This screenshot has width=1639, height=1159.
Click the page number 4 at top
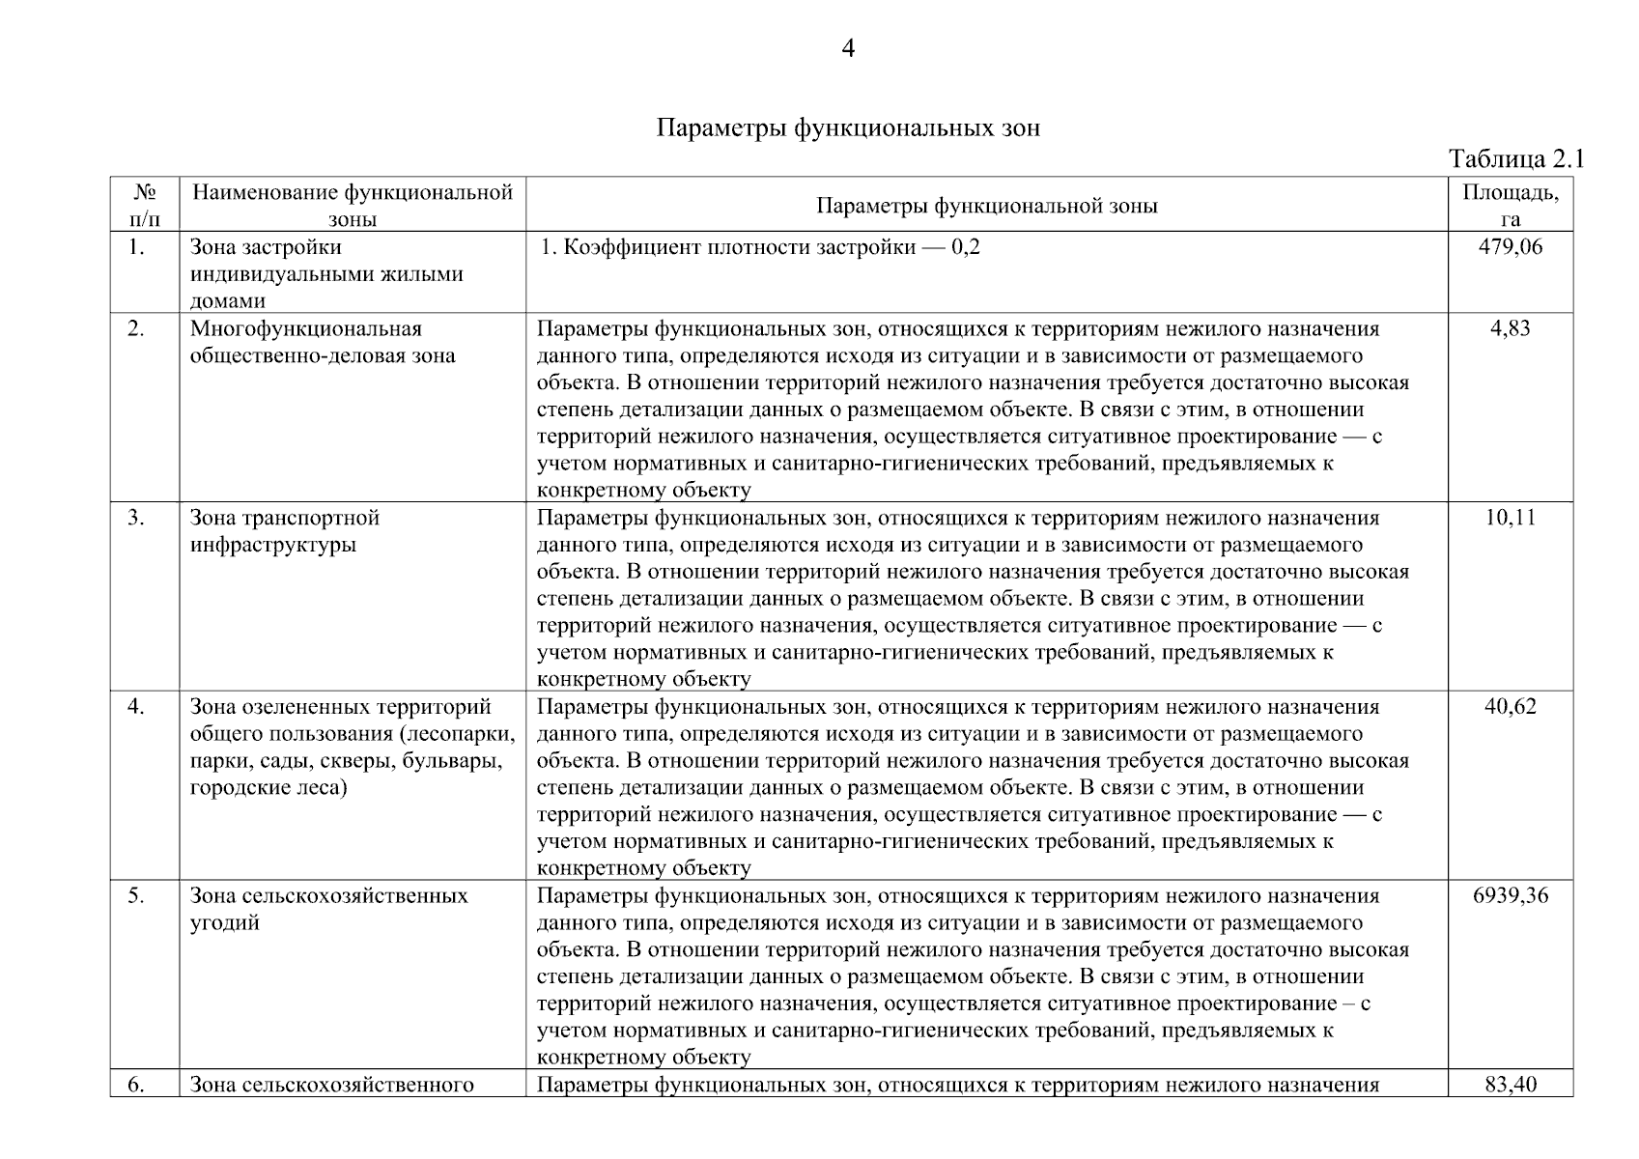848,48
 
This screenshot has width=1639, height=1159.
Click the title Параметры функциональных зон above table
848,128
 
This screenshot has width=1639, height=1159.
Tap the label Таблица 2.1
1516,159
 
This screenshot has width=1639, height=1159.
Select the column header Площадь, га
1510,205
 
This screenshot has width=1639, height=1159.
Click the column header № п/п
144,205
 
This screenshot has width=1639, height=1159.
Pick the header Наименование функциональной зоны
353,205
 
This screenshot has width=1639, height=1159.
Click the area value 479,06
1511,247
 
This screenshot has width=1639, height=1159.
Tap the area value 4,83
1511,328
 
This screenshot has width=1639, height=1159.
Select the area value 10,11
1511,518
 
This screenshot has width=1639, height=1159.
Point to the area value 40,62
1511,707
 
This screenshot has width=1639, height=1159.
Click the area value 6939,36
1511,896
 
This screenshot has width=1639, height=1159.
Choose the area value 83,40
1511,1085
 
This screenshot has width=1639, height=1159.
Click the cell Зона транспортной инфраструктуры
285,531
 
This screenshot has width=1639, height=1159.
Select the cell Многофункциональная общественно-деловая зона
322,342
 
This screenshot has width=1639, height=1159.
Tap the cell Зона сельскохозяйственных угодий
328,909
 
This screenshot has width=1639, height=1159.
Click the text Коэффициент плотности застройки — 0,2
760,247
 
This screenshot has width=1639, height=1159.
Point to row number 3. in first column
136,518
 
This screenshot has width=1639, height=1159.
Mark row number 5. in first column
136,896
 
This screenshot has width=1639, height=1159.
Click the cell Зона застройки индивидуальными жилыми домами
325,274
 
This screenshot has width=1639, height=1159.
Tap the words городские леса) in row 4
268,788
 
